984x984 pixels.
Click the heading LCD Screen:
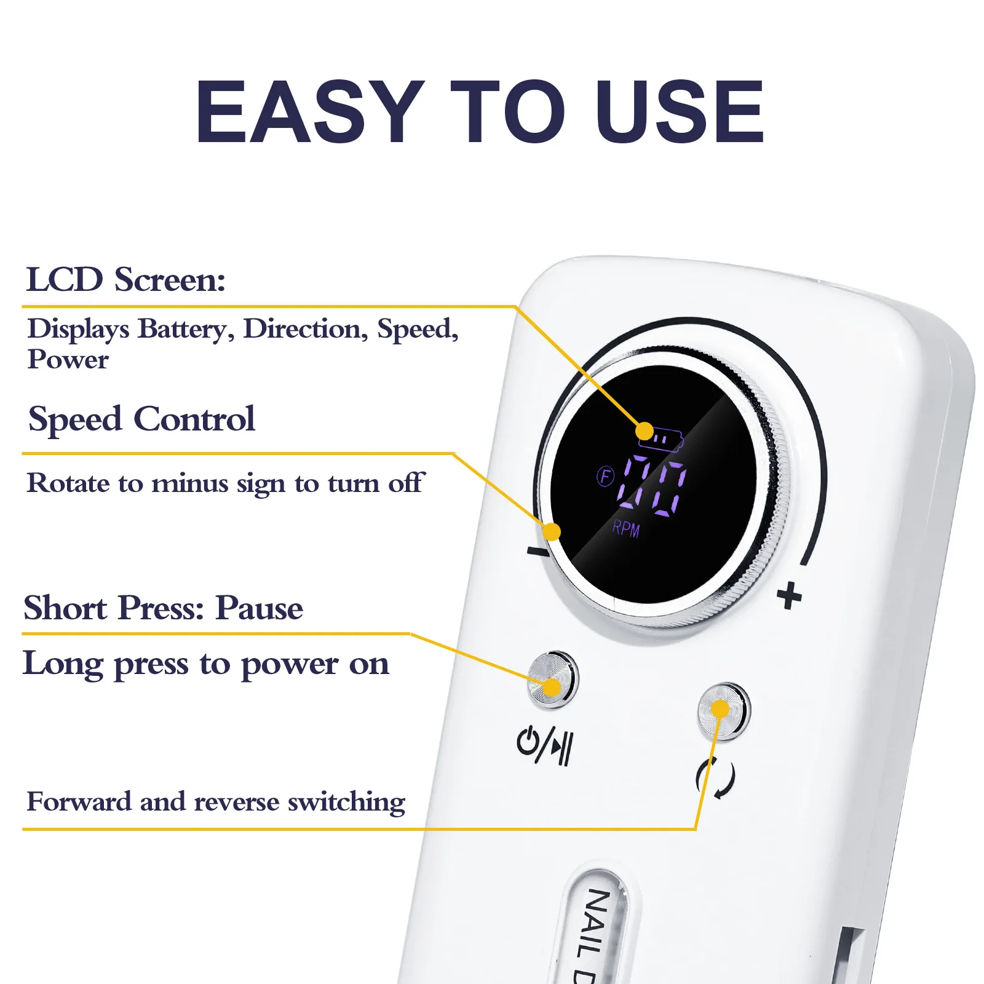click(126, 280)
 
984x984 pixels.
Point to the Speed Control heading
click(141, 419)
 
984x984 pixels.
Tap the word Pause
click(259, 608)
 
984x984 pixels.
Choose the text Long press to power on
click(206, 664)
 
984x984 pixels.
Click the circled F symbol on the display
click(606, 476)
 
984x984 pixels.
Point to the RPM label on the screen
click(626, 529)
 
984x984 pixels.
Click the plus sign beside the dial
click(789, 596)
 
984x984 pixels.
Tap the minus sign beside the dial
click(537, 551)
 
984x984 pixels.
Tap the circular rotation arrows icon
click(715, 778)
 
